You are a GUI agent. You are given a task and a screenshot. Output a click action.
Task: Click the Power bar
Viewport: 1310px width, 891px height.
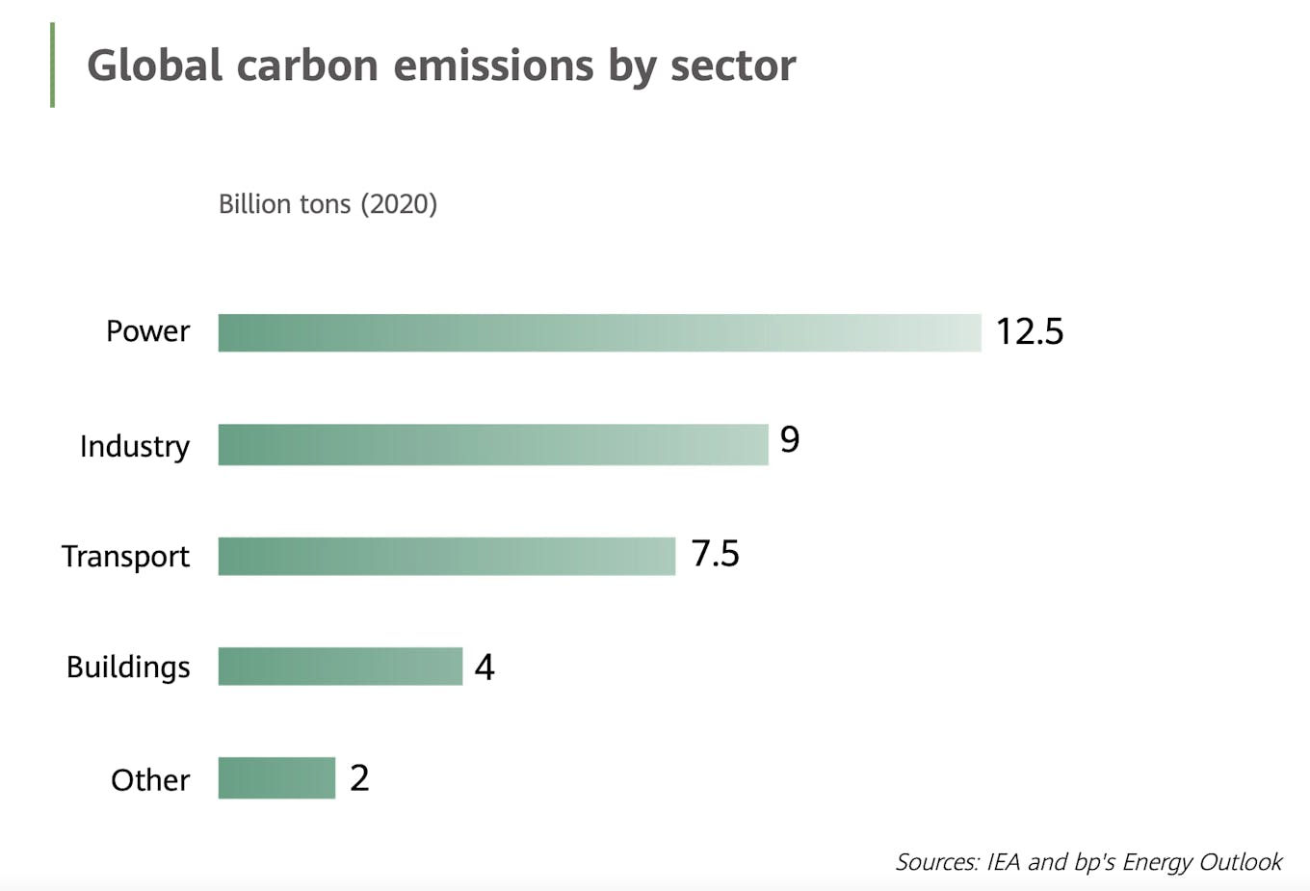599,332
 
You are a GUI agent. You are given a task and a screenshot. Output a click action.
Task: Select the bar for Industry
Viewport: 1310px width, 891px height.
493,444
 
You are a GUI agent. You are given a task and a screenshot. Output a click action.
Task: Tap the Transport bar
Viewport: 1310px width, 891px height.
446,556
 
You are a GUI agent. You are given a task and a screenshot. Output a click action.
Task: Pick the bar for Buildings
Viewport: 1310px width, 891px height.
340,666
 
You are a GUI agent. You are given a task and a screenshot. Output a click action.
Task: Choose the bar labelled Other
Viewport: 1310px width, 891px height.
276,777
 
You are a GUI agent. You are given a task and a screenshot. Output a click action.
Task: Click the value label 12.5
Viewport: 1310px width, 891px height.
1029,331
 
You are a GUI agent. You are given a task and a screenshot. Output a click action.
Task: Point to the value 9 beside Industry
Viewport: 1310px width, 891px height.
790,439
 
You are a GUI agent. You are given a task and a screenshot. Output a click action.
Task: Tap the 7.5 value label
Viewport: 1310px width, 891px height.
715,554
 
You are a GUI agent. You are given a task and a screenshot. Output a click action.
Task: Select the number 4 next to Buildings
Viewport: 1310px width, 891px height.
485,667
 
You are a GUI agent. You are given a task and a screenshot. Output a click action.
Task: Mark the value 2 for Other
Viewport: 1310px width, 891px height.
359,777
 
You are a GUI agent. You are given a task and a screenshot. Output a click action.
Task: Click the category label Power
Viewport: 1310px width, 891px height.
147,331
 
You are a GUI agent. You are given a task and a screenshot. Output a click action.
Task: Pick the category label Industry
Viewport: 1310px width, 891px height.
135,446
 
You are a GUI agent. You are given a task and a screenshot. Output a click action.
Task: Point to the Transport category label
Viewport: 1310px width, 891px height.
125,556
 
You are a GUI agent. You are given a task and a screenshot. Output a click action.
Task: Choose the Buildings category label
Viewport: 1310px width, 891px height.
128,667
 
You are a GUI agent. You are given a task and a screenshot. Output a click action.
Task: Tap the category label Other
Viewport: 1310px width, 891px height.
150,779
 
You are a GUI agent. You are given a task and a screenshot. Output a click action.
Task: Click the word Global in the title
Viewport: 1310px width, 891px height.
155,66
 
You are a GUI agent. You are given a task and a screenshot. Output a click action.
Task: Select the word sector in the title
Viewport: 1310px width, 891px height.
733,66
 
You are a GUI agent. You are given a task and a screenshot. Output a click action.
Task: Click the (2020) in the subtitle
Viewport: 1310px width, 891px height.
399,204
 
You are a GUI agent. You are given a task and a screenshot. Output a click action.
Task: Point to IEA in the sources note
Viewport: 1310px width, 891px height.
1004,861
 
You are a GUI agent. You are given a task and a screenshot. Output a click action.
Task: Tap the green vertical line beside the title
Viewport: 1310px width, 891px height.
52,65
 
